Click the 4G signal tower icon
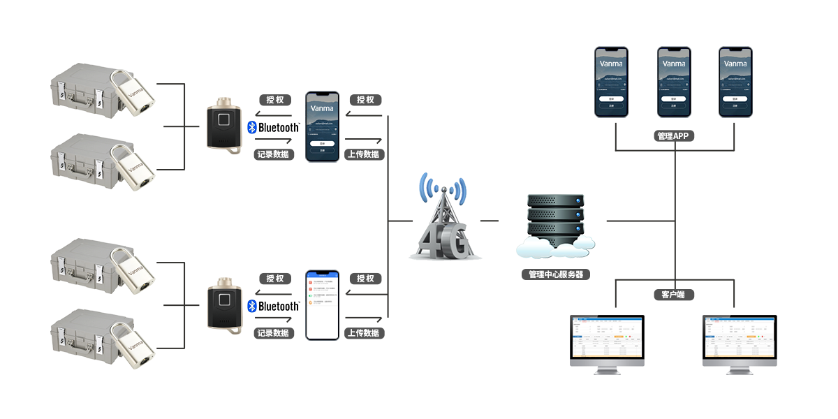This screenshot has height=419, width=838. click(443, 218)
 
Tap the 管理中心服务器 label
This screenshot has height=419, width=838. click(556, 274)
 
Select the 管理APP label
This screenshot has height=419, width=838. click(674, 135)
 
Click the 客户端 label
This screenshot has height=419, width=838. click(673, 295)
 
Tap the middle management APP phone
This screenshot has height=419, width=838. click(674, 82)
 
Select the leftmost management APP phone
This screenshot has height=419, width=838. click(611, 82)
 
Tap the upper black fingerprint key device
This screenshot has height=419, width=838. click(224, 126)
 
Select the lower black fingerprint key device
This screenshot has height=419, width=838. click(224, 305)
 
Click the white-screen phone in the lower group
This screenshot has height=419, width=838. click(321, 304)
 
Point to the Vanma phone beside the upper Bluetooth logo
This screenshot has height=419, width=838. click(322, 126)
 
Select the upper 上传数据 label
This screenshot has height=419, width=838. click(363, 154)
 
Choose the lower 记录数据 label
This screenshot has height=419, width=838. click(274, 333)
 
